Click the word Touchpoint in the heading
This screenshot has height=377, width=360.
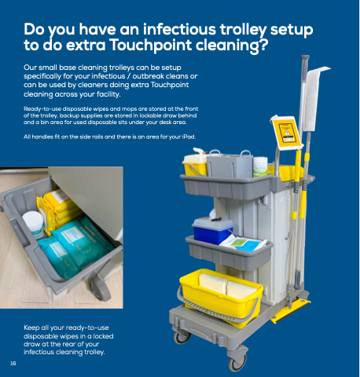tap(150, 45)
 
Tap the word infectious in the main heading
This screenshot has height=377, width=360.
tap(179, 29)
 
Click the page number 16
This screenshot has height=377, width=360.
tap(13, 364)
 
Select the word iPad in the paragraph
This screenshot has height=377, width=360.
tap(189, 137)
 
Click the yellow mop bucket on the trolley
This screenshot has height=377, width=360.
tap(221, 297)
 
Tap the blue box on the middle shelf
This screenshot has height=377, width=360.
tap(212, 230)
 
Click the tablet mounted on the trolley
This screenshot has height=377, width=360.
tap(286, 133)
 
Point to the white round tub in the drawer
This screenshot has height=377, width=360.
tap(34, 225)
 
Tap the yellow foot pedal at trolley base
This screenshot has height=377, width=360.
tap(292, 311)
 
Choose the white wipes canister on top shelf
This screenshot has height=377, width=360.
tap(260, 167)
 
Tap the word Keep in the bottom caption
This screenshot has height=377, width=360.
tap(32, 328)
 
